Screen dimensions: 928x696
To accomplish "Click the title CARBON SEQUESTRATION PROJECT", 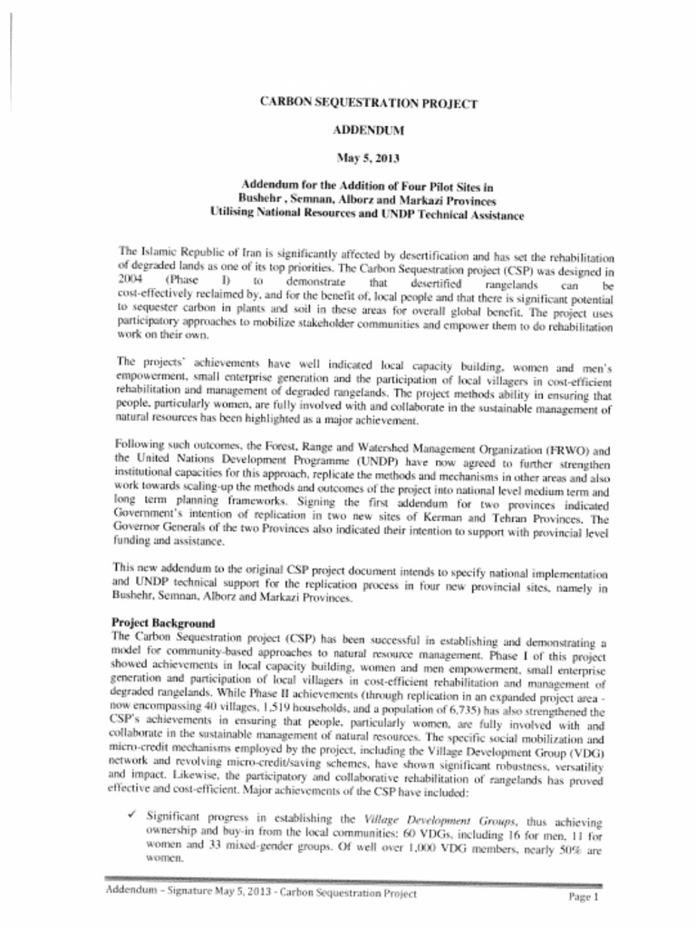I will [x=368, y=103].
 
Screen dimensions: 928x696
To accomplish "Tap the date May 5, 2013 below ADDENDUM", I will [x=368, y=158].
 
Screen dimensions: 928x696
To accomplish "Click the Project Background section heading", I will [x=163, y=623].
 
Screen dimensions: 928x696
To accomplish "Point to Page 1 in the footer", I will [x=585, y=896].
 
